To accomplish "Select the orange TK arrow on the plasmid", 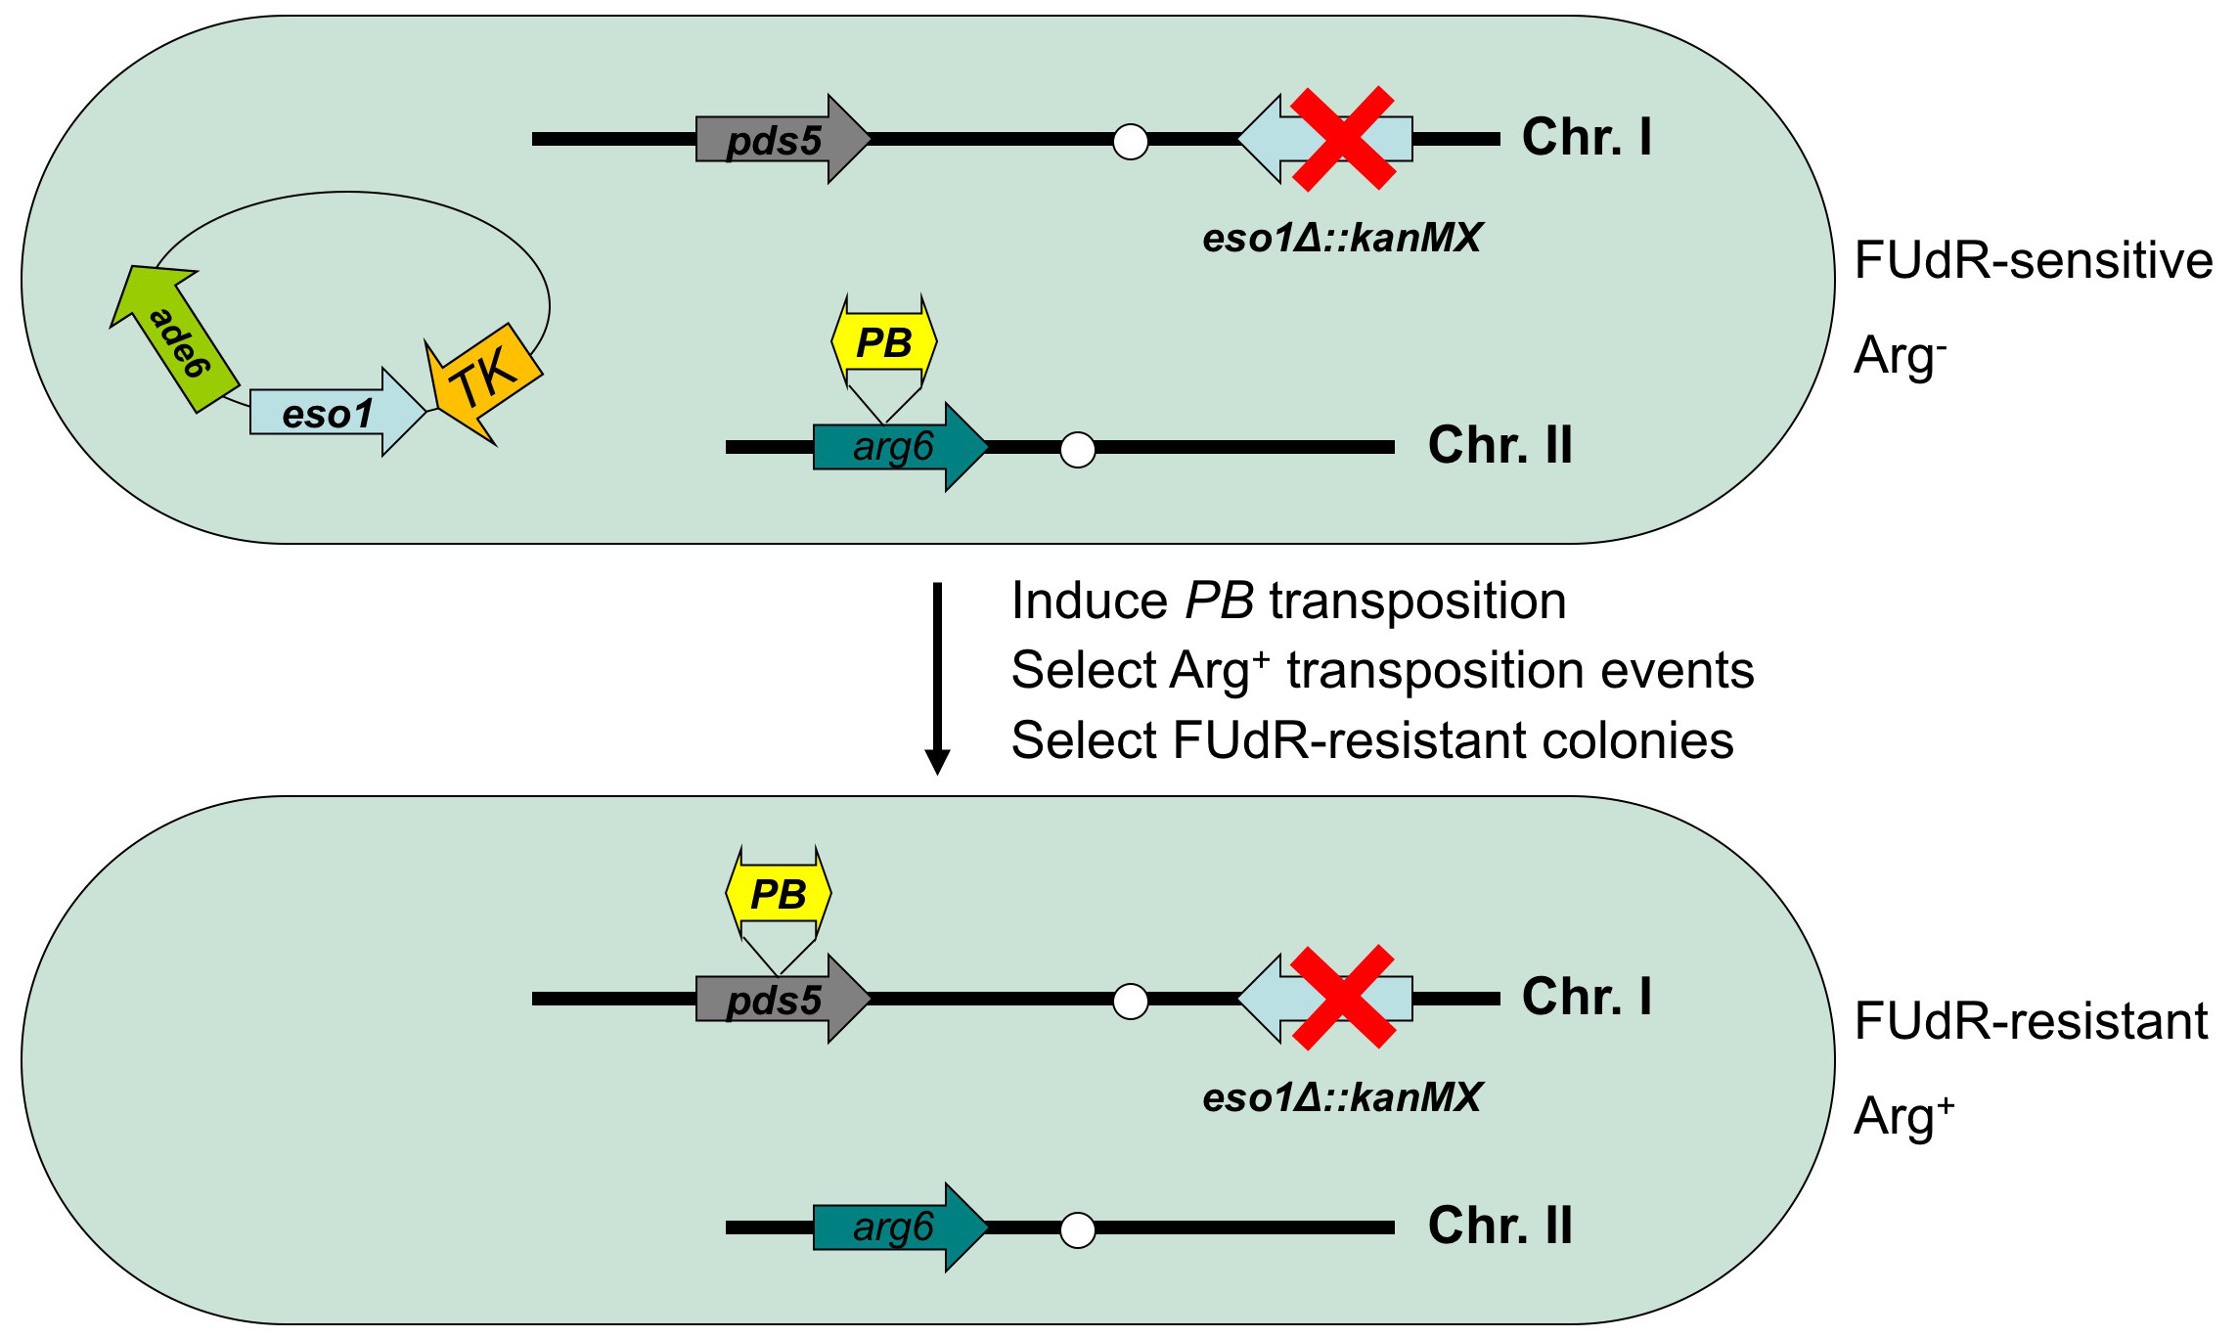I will click(x=483, y=379).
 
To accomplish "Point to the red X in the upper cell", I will click(x=1343, y=138).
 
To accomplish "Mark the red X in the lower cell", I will click(x=1343, y=997).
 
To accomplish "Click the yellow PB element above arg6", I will click(x=884, y=343).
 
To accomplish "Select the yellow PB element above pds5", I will click(x=779, y=894).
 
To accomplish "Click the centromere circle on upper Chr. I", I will click(x=1131, y=141).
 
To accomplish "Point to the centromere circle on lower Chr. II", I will click(x=1078, y=1229).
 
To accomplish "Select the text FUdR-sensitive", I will click(x=2033, y=261).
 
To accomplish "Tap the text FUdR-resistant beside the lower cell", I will click(x=2031, y=1021).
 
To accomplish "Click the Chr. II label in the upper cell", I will click(x=1500, y=445).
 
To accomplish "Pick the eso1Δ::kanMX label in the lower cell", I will click(x=1342, y=1097).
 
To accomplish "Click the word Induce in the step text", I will click(x=1089, y=601).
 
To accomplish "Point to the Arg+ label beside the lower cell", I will click(x=1903, y=1116).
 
